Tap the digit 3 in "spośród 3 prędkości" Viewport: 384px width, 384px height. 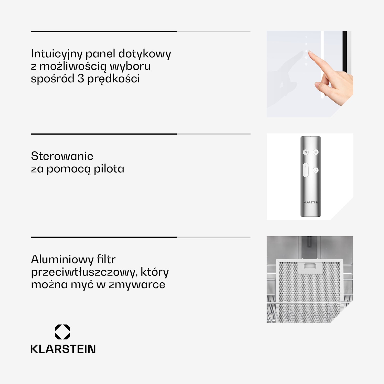tap(81, 79)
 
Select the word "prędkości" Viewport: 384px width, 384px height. tap(113, 79)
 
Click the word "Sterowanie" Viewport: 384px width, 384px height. tap(62, 156)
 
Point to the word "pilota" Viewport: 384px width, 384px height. tap(109, 169)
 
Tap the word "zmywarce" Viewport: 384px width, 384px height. tap(137, 285)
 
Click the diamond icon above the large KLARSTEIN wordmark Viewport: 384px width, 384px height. tap(62, 332)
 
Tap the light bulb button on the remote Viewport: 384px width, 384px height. tap(316, 152)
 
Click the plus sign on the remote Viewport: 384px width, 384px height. tap(306, 166)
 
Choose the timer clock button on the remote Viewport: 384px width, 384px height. tap(316, 170)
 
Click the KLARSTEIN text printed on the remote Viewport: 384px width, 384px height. tap(311, 202)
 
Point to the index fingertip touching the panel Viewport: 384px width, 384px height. tap(310, 52)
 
